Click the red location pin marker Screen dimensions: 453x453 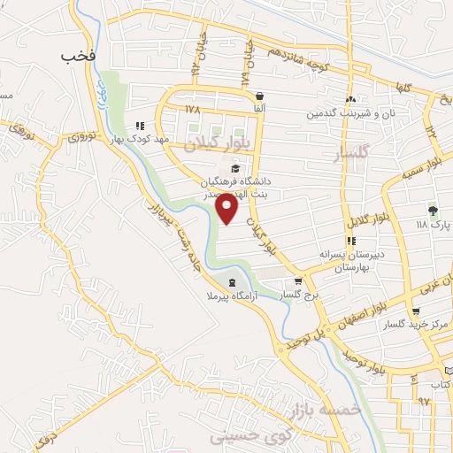(227, 211)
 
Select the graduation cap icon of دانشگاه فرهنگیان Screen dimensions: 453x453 (235, 168)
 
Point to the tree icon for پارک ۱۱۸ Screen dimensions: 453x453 (433, 211)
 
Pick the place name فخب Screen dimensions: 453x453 (78, 57)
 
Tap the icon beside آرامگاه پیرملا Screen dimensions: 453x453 (231, 283)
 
